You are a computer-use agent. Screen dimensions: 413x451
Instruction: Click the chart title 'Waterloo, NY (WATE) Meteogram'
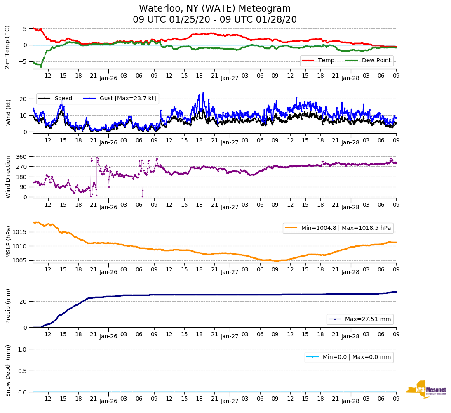pyautogui.click(x=215, y=9)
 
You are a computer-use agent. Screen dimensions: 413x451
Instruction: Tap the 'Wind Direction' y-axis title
pyautogui.click(x=8, y=177)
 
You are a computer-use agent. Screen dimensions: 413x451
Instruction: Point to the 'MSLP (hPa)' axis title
pyautogui.click(x=8, y=242)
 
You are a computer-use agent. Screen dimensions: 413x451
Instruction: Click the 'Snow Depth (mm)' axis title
pyautogui.click(x=8, y=371)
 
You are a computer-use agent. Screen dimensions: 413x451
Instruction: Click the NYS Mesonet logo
pyautogui.click(x=426, y=390)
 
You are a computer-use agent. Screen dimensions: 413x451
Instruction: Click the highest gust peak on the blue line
pyautogui.click(x=203, y=93)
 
